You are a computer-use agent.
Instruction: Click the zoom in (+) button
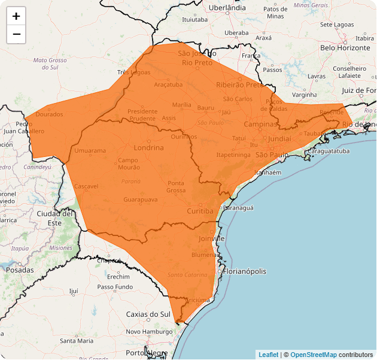(16, 16)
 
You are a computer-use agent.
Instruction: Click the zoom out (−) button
(16, 34)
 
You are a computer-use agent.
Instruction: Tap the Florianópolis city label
(245, 271)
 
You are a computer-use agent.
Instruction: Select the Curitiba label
(199, 211)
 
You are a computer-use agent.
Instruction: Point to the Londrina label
(149, 147)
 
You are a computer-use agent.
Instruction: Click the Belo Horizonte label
(345, 47)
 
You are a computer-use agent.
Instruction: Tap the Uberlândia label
(227, 8)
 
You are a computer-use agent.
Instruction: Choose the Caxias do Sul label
(148, 314)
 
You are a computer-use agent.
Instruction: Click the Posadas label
(20, 270)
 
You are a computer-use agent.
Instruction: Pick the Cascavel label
(86, 186)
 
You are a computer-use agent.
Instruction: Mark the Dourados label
(49, 114)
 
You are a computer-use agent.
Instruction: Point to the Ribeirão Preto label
(239, 84)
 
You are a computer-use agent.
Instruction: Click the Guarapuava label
(140, 199)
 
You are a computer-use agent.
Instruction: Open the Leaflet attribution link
(268, 355)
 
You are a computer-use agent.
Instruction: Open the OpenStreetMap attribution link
(314, 355)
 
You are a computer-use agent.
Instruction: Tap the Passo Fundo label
(115, 287)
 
